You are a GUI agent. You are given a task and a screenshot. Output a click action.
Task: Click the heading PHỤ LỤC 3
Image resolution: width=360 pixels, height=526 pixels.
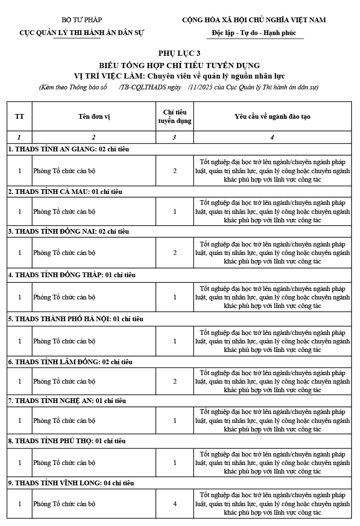[179, 53]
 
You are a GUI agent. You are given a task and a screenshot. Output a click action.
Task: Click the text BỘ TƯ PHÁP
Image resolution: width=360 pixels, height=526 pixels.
[82, 20]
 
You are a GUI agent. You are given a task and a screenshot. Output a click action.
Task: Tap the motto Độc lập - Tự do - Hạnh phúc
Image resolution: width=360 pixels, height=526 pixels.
[255, 33]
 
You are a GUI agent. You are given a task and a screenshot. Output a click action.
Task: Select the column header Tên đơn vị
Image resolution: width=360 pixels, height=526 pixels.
[94, 116]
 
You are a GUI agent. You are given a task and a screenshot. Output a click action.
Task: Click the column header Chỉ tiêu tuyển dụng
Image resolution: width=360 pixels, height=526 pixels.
[175, 116]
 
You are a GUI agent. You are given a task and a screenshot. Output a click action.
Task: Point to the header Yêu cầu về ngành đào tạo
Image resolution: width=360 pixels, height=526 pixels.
[272, 116]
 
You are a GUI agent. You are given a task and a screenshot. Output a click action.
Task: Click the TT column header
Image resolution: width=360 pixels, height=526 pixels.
[19, 116]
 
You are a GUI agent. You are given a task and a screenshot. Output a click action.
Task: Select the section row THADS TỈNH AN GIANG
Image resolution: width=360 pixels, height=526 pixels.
[69, 149]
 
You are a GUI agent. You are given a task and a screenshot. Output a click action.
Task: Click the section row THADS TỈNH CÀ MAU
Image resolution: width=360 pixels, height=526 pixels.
[65, 192]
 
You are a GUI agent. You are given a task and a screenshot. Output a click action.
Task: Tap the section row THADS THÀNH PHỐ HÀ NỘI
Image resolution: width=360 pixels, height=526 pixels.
[76, 319]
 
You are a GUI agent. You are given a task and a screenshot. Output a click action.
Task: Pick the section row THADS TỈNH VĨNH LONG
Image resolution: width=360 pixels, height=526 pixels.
[71, 483]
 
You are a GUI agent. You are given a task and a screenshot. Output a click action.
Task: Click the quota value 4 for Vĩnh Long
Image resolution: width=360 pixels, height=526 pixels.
[175, 504]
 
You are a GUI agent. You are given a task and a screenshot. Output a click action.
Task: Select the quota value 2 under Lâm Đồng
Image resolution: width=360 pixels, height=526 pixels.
[175, 381]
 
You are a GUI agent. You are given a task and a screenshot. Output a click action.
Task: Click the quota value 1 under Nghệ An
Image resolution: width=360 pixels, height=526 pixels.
[175, 421]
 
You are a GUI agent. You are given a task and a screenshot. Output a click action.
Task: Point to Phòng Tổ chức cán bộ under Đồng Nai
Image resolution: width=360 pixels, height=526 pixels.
[64, 253]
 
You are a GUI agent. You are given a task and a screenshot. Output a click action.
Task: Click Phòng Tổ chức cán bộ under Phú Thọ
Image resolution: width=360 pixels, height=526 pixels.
[64, 463]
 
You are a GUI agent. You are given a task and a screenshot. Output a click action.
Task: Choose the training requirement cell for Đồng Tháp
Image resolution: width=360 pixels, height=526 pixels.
[272, 297]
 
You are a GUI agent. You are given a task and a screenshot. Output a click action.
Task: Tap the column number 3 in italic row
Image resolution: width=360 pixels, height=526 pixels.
[175, 137]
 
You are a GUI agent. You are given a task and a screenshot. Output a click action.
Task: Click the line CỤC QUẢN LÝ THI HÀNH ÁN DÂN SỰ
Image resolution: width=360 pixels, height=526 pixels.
[82, 33]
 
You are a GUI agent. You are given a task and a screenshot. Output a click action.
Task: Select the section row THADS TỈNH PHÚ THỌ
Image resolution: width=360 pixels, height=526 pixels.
[67, 441]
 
